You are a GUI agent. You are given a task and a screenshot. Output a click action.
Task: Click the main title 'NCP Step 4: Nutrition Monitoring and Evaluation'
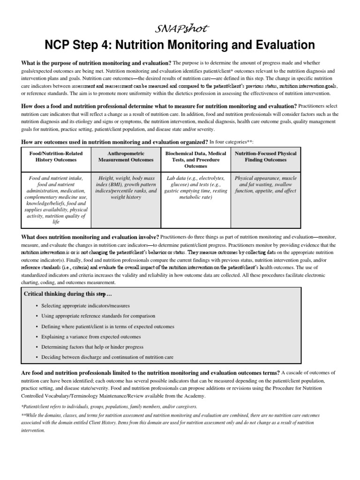pos(180,45)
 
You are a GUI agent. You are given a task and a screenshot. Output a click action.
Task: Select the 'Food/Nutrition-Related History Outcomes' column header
pos(57,157)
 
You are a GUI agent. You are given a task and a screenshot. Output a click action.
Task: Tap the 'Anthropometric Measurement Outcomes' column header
pos(126,157)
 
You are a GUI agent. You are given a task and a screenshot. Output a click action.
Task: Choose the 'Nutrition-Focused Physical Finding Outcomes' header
pos(265,157)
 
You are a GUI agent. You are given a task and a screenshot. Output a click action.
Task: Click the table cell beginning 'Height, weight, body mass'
pos(126,187)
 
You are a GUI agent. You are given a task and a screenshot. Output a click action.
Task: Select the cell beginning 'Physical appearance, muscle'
pos(265,185)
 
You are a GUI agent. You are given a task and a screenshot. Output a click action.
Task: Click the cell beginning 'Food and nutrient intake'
pos(57,200)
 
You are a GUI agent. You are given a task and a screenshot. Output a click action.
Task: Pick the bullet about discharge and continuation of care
pos(107,357)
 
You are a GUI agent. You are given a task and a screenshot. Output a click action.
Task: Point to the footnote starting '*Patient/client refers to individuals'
pos(109,406)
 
